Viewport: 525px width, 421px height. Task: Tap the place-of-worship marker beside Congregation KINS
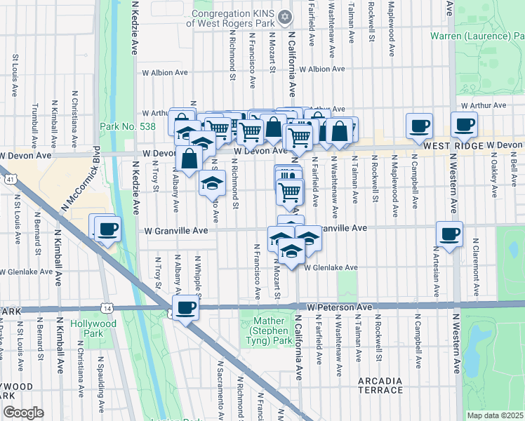(x=284, y=16)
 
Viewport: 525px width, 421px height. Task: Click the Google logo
(x=23, y=413)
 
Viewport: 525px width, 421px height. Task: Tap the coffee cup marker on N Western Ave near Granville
(x=449, y=233)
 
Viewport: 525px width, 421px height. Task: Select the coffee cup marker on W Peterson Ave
(x=185, y=308)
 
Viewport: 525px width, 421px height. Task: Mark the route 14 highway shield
(x=107, y=308)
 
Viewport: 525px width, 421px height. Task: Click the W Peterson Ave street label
(x=339, y=307)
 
